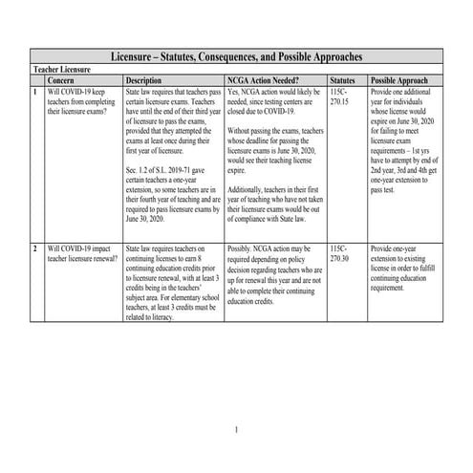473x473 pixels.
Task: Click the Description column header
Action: pos(143,81)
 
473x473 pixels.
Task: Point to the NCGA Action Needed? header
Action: pos(265,81)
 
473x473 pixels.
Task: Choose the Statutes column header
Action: pos(343,81)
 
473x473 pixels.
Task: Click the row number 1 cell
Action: pos(35,91)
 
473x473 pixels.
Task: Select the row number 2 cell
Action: pos(35,248)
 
